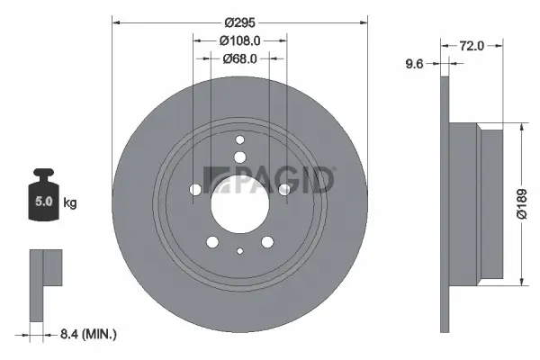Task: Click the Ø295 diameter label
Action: tap(239, 22)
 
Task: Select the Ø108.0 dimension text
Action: tap(240, 40)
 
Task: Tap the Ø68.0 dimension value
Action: tap(240, 59)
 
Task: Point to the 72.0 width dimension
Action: tap(472, 44)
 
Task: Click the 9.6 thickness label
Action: tap(415, 63)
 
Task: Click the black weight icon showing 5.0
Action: tap(42, 192)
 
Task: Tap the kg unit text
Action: tap(70, 202)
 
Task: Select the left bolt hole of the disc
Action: tap(195, 190)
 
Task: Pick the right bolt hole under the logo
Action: tap(284, 189)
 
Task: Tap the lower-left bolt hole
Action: tap(212, 241)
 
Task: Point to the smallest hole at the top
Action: tap(239, 139)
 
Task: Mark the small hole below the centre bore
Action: tap(240, 252)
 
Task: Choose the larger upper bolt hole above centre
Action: tap(240, 157)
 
